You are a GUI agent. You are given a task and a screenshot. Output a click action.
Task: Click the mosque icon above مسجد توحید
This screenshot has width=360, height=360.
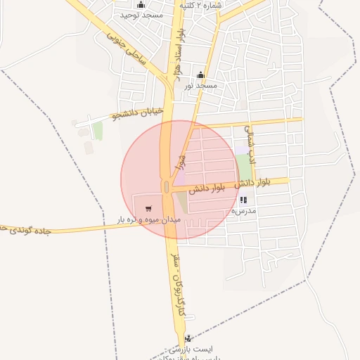point(141,5)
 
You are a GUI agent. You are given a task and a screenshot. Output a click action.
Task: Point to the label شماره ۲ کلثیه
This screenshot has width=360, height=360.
point(200,5)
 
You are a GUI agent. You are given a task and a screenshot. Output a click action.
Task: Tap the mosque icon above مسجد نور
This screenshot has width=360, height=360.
point(201,75)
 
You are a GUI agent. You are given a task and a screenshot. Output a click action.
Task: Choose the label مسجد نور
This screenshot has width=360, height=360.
point(200,85)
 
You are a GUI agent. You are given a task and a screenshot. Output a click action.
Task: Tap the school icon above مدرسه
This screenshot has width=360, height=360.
point(243,200)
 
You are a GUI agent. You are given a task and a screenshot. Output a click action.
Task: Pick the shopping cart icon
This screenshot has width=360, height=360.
point(148,209)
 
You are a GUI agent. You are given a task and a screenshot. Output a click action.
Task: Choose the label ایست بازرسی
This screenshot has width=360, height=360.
point(190,349)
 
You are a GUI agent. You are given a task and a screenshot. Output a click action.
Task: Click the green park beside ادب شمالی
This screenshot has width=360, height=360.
point(244,167)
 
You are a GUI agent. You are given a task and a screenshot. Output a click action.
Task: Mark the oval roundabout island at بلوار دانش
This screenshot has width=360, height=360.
point(166,186)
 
